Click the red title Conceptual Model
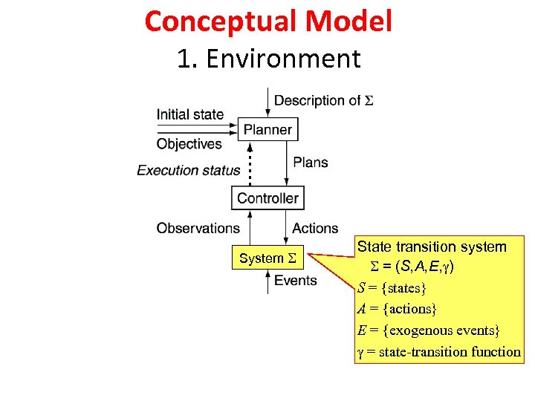(x=268, y=21)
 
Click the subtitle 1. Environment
(x=268, y=58)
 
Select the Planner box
(x=267, y=129)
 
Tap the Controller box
(x=267, y=198)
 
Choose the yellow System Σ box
(x=268, y=258)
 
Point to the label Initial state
(x=189, y=114)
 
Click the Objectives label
(x=189, y=144)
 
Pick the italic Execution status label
(x=188, y=170)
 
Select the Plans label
(x=311, y=162)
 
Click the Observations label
(x=198, y=228)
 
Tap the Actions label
(x=315, y=228)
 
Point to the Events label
(x=296, y=280)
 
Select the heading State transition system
(x=432, y=247)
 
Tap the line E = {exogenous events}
(x=429, y=330)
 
